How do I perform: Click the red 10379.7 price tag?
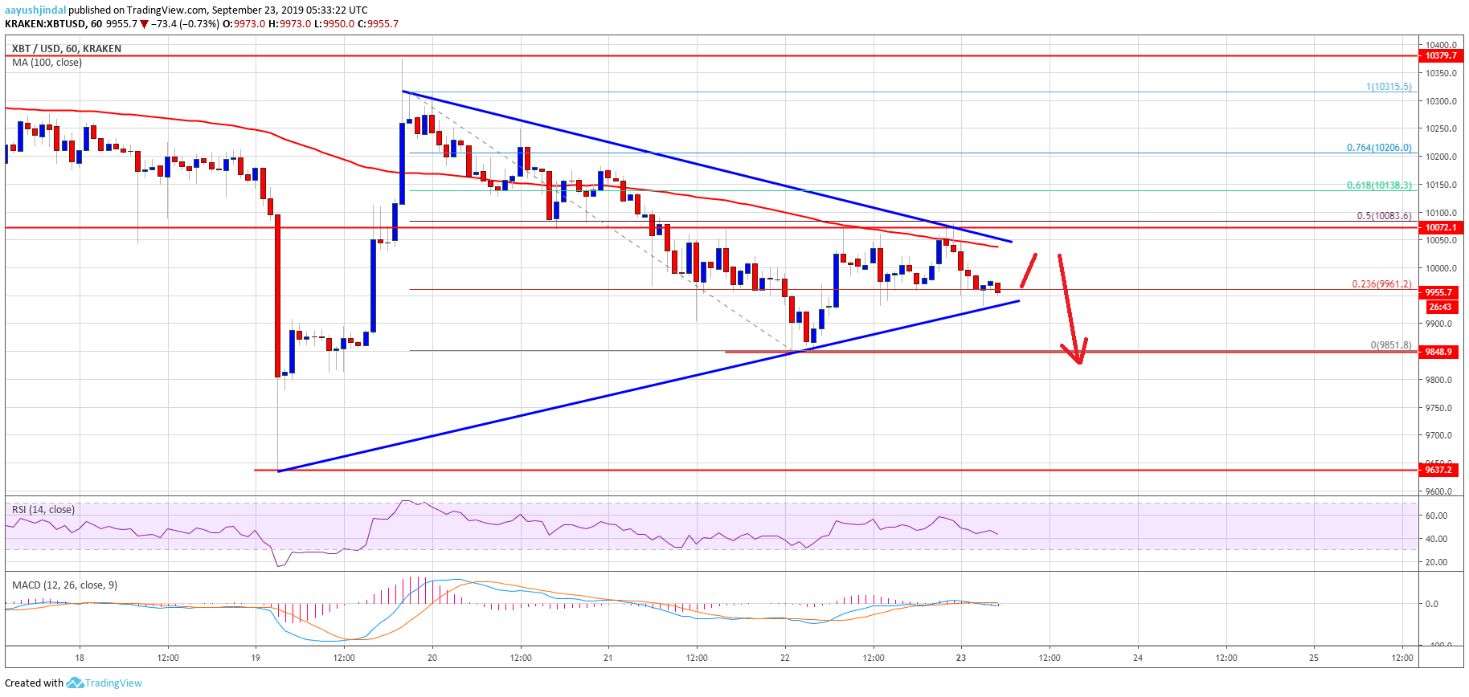pyautogui.click(x=1440, y=56)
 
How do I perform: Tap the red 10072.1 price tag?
pyautogui.click(x=1440, y=228)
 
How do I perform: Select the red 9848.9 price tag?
pyautogui.click(x=1440, y=352)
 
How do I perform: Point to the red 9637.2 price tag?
pyautogui.click(x=1440, y=470)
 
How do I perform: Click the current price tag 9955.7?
pyautogui.click(x=1440, y=292)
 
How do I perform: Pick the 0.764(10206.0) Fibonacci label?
pyautogui.click(x=1379, y=148)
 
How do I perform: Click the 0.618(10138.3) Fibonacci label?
pyautogui.click(x=1379, y=185)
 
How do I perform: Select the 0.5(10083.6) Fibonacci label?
pyautogui.click(x=1384, y=216)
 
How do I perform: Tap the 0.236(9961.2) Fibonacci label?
pyautogui.click(x=1381, y=284)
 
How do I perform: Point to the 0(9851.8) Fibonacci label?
pyautogui.click(x=1391, y=345)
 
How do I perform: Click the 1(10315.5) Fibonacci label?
pyautogui.click(x=1389, y=87)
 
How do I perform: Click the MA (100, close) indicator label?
pyautogui.click(x=47, y=63)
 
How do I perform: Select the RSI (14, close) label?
pyautogui.click(x=43, y=510)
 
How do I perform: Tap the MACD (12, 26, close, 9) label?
pyautogui.click(x=65, y=585)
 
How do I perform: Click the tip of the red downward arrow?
pyautogui.click(x=1080, y=363)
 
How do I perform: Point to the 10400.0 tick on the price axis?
pyautogui.click(x=1442, y=45)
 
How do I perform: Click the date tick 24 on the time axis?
pyautogui.click(x=1138, y=658)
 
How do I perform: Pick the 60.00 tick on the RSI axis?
pyautogui.click(x=1436, y=516)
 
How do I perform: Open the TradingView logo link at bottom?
pyautogui.click(x=105, y=683)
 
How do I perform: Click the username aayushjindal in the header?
pyautogui.click(x=34, y=10)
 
